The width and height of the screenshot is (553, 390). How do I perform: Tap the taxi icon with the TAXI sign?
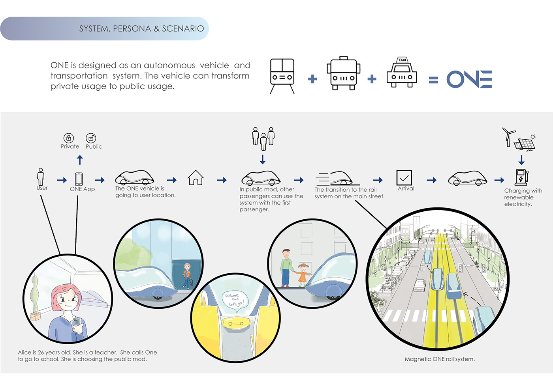click(x=402, y=73)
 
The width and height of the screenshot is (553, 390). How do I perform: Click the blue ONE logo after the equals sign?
click(x=469, y=79)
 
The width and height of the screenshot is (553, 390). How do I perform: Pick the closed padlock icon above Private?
click(x=69, y=138)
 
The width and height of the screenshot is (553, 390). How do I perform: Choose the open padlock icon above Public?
click(x=91, y=138)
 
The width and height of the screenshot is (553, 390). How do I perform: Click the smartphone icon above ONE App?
click(x=79, y=179)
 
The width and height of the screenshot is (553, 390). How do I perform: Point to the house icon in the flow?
click(x=196, y=178)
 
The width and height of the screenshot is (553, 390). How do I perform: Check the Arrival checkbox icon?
click(x=404, y=178)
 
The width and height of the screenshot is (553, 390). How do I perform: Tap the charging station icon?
click(x=521, y=177)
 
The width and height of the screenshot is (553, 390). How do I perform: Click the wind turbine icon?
click(x=508, y=136)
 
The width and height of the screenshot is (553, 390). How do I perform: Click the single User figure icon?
click(x=41, y=177)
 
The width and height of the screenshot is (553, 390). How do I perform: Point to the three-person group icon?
click(x=263, y=138)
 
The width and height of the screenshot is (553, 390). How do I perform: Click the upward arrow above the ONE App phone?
click(x=80, y=160)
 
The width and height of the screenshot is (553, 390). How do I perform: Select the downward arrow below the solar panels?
click(x=521, y=160)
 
